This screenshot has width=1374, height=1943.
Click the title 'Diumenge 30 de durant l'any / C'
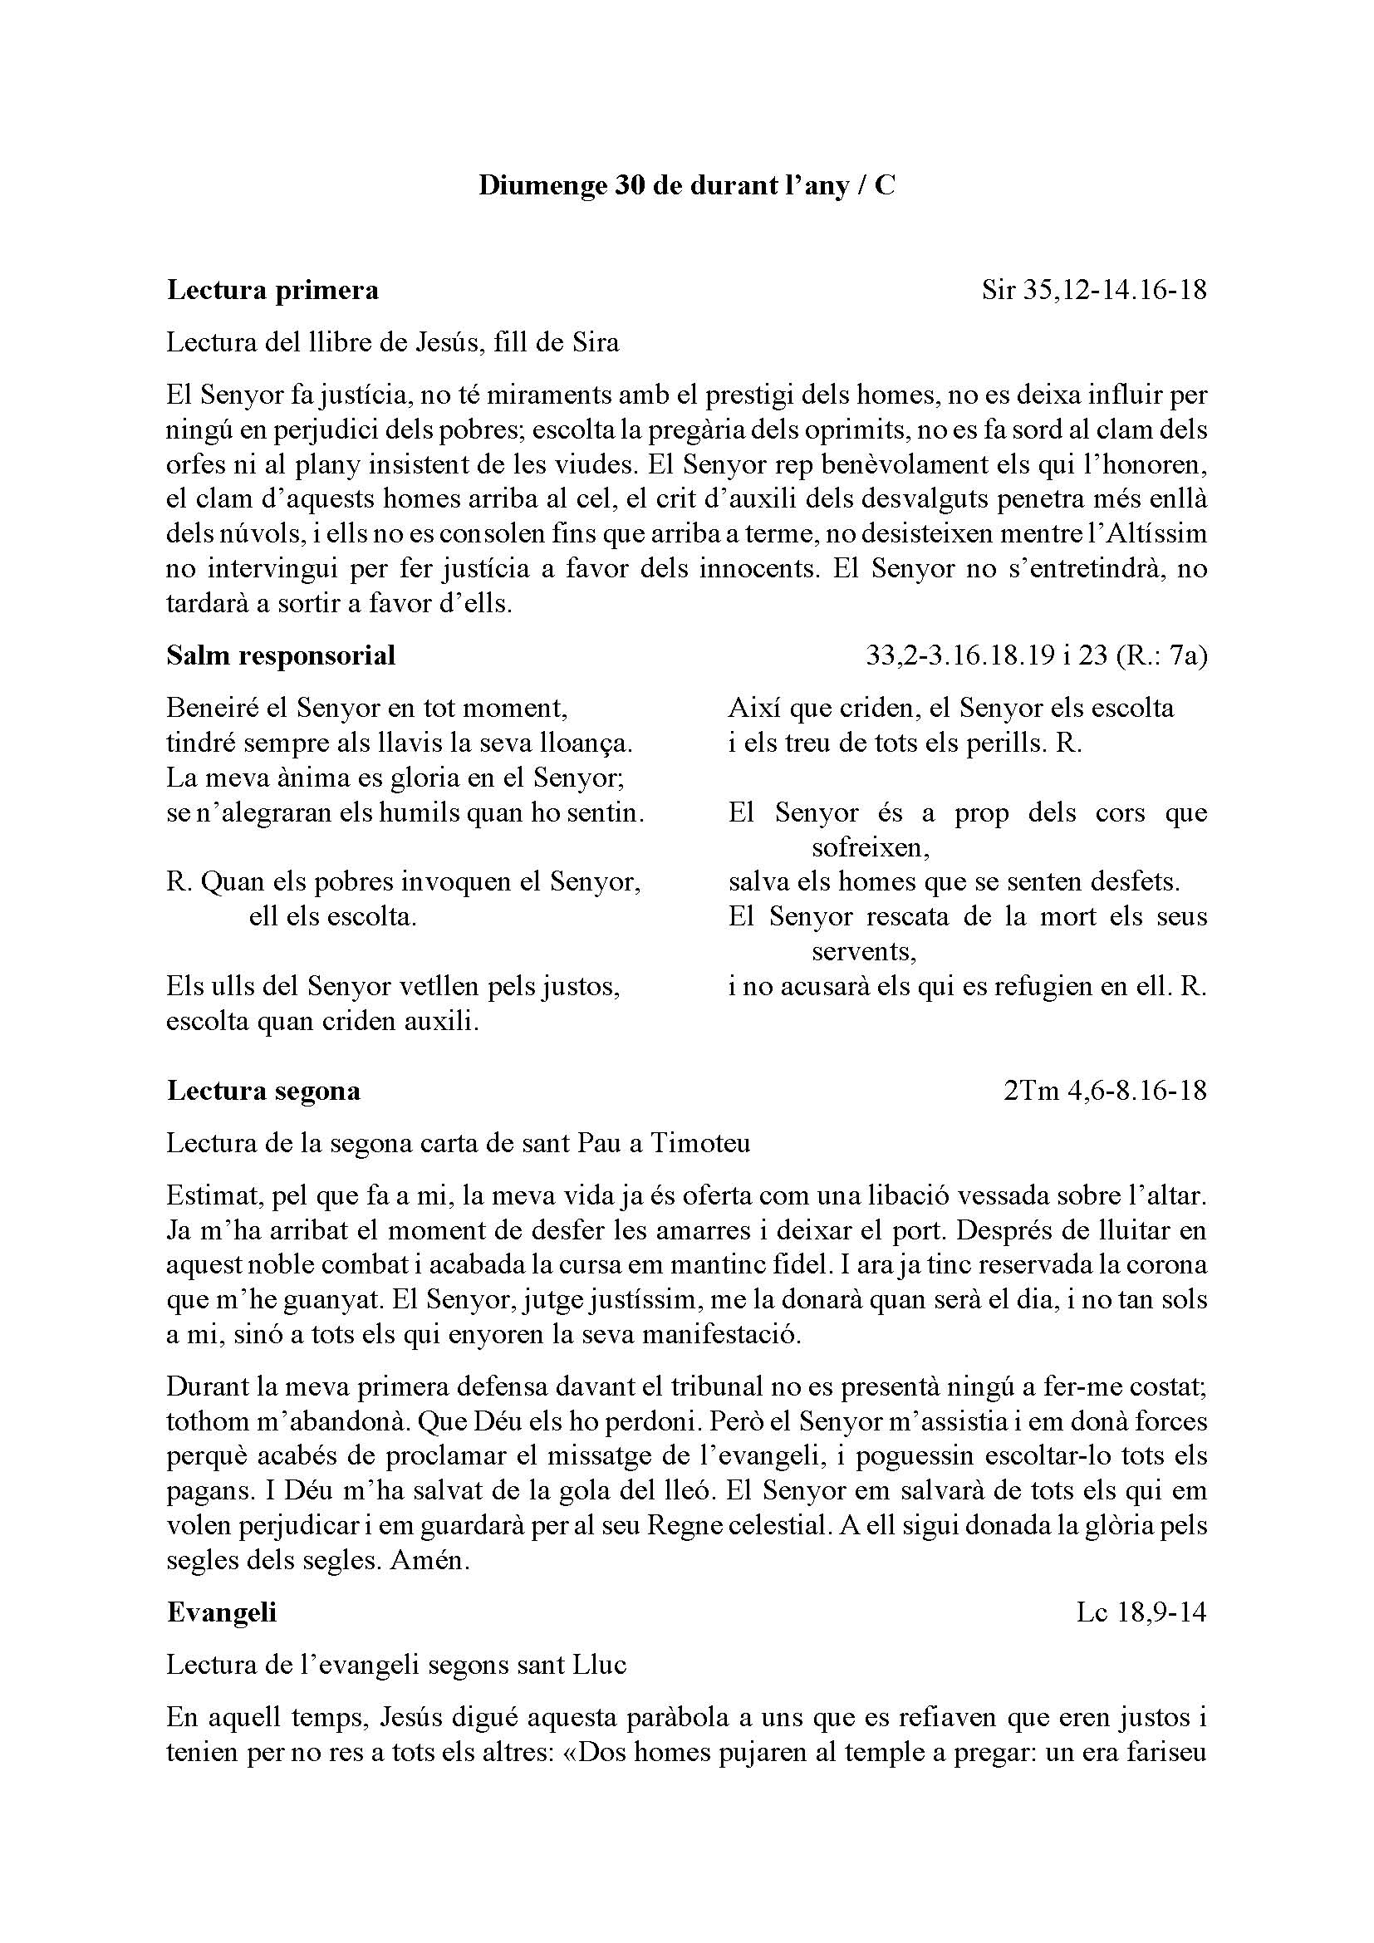(x=686, y=185)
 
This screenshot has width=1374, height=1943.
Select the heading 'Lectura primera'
(x=272, y=290)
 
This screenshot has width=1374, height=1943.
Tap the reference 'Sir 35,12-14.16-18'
(x=1094, y=290)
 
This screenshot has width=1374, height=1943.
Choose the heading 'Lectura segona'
(x=263, y=1091)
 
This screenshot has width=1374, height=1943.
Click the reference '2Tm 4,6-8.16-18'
(x=1105, y=1091)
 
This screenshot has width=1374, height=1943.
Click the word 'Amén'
(x=429, y=1561)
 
